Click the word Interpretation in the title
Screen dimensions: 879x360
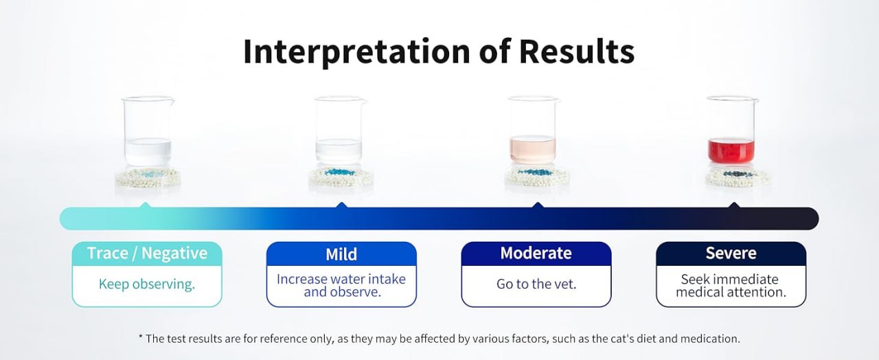click(356, 52)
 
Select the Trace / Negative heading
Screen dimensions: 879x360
click(147, 254)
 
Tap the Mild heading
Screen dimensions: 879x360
click(341, 254)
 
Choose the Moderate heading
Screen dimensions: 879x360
click(536, 254)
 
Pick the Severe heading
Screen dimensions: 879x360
click(731, 254)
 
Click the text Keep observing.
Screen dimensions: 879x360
click(147, 284)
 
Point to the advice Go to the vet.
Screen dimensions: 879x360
click(536, 284)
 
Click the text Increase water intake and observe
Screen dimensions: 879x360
click(341, 285)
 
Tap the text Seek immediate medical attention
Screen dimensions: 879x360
click(731, 285)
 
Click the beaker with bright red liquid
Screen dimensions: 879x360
click(731, 130)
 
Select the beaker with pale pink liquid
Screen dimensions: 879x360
click(533, 131)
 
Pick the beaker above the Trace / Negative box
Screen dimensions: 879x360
click(148, 131)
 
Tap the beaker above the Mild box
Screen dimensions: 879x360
click(339, 131)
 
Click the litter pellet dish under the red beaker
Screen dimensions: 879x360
click(737, 177)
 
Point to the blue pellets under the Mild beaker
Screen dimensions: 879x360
click(340, 172)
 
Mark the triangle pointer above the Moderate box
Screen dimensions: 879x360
click(538, 205)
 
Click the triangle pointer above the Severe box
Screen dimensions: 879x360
click(734, 205)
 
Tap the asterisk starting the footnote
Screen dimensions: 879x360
click(141, 337)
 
